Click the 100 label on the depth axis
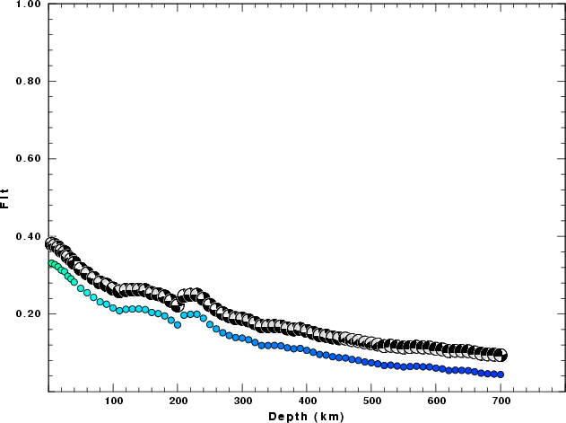click(114, 402)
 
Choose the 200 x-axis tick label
click(179, 402)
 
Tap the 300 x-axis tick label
click(243, 402)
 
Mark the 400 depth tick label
click(308, 402)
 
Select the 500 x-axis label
click(372, 402)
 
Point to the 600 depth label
click(437, 402)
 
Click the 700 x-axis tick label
click(501, 402)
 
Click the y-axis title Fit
click(6, 197)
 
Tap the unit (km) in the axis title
click(327, 416)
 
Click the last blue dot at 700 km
click(501, 375)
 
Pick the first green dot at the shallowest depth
click(50, 263)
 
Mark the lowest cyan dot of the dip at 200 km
click(178, 325)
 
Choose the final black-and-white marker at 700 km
click(501, 356)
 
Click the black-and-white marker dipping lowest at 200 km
click(178, 307)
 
